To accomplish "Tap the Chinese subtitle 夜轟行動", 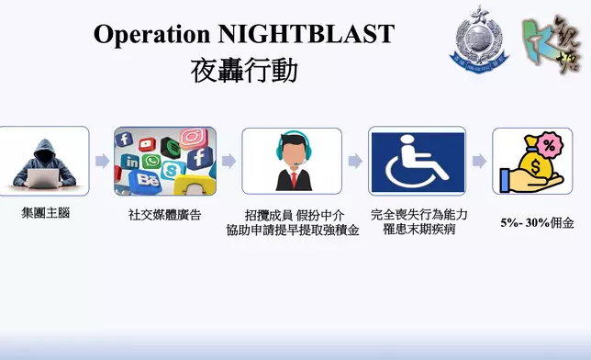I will point(244,71).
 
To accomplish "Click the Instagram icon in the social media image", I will point(193,139).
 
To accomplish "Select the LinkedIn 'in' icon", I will point(130,163).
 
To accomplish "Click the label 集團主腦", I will point(45,212).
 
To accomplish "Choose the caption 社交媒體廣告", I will point(164,215).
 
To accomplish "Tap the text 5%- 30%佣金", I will point(537,222).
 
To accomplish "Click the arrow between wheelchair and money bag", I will point(478,161).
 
